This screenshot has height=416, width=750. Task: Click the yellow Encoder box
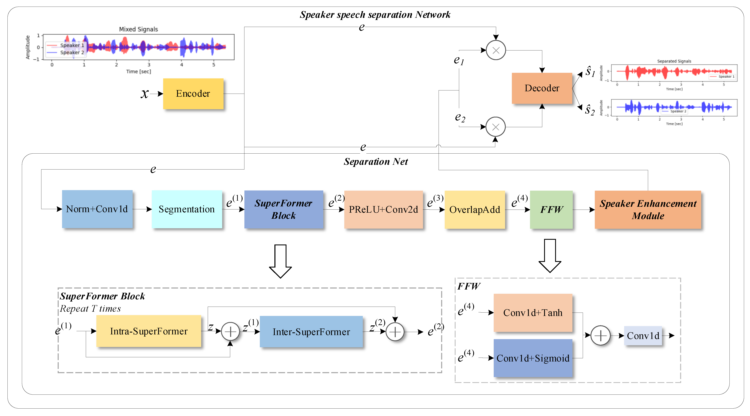pyautogui.click(x=193, y=94)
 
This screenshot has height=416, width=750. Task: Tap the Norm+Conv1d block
pyautogui.click(x=97, y=209)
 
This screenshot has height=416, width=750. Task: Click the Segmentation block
pyautogui.click(x=187, y=209)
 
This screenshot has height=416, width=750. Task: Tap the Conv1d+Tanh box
pyautogui.click(x=533, y=313)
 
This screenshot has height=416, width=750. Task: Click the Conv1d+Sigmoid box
pyautogui.click(x=533, y=358)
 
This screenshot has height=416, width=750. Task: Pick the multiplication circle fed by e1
pyautogui.click(x=496, y=50)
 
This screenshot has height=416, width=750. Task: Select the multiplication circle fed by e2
pyautogui.click(x=496, y=127)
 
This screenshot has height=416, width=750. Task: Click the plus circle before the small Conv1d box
pyautogui.click(x=600, y=335)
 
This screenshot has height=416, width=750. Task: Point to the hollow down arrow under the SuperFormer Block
pyautogui.click(x=280, y=261)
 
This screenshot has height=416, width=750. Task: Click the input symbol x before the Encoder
pyautogui.click(x=144, y=94)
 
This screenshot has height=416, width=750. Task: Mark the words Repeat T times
pyautogui.click(x=90, y=309)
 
